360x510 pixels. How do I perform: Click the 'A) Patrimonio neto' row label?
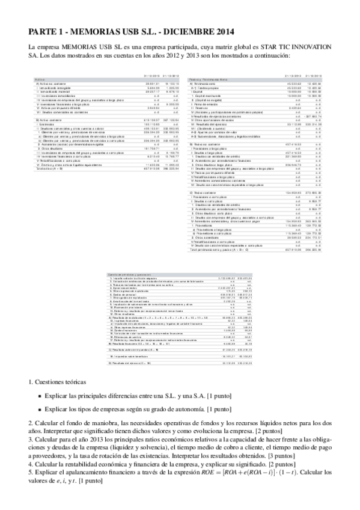tap(201, 83)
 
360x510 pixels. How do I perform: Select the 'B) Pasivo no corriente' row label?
tap(204, 145)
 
